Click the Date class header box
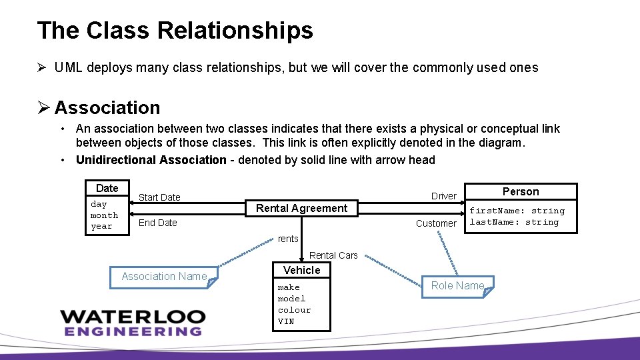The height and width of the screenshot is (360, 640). [x=107, y=188]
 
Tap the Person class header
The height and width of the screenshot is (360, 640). [x=521, y=191]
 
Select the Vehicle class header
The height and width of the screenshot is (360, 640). [x=301, y=270]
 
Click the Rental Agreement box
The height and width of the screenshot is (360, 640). [x=301, y=208]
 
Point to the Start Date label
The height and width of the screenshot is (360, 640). [x=159, y=197]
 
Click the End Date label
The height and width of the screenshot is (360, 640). [x=157, y=223]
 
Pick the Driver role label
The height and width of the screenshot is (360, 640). [x=443, y=196]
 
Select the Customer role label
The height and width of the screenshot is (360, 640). [x=436, y=223]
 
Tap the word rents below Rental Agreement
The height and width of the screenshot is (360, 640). [x=288, y=239]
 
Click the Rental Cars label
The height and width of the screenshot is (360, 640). [x=333, y=255]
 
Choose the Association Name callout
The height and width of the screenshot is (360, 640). [x=164, y=276]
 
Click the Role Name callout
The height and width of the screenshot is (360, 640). [x=457, y=285]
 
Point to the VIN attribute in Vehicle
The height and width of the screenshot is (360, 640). [x=286, y=321]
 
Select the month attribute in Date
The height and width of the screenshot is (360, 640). [x=104, y=215]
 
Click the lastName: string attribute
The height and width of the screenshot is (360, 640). [x=514, y=222]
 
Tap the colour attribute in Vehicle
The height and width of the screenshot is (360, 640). [x=294, y=310]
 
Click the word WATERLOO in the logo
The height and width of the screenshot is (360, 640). [x=133, y=316]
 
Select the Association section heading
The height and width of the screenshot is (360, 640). [x=107, y=107]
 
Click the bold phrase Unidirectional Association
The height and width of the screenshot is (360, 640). [x=151, y=160]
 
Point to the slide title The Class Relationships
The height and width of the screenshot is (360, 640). [x=175, y=31]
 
